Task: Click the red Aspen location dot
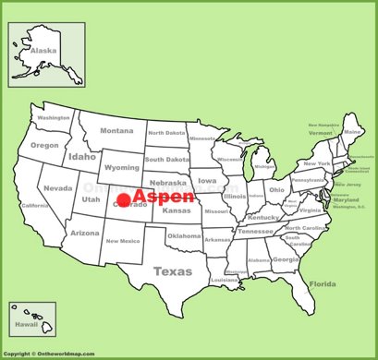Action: [123, 198]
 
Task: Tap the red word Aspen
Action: [164, 198]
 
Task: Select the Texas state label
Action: [172, 271]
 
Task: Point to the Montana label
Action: [116, 130]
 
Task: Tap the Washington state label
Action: [54, 118]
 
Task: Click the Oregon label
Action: [43, 145]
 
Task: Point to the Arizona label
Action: [85, 233]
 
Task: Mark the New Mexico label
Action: [123, 241]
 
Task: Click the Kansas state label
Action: [176, 210]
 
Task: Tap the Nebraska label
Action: [168, 182]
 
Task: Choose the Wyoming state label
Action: [121, 167]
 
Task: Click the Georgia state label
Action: [286, 259]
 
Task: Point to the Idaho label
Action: [81, 157]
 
